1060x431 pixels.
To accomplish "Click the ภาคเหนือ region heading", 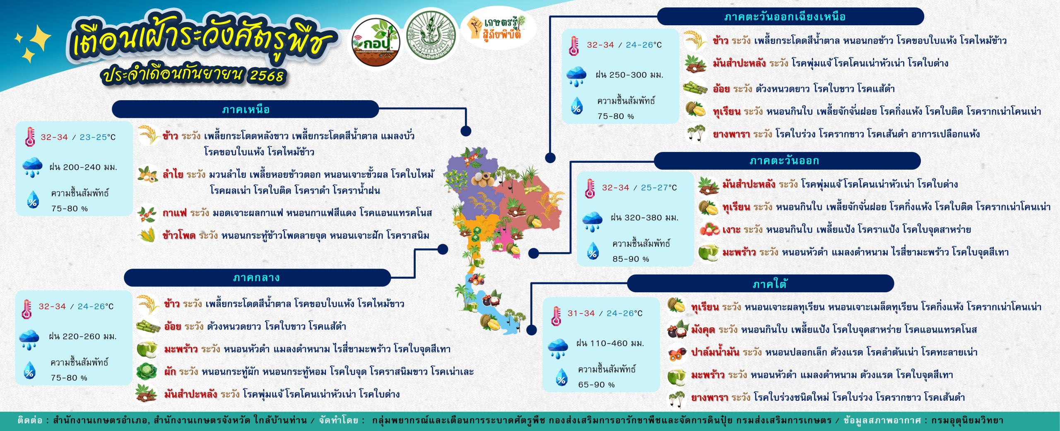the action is tap(246, 110).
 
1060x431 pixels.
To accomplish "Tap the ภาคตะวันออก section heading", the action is tap(784, 161).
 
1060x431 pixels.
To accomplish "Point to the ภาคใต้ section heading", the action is tap(770, 284).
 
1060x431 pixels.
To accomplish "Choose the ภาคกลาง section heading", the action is tap(256, 278).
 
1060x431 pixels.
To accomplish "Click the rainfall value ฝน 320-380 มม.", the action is tap(644, 218).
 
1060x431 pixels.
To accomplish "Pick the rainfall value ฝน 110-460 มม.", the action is tap(610, 343).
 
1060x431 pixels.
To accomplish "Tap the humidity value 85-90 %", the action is tap(631, 259).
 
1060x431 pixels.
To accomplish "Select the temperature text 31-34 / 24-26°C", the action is tap(605, 313).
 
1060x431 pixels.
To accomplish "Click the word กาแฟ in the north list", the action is tap(174, 213).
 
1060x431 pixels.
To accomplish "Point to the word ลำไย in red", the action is tap(173, 174).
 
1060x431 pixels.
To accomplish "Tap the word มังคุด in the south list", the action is tap(703, 330).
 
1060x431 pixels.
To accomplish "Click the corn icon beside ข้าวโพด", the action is tap(147, 235).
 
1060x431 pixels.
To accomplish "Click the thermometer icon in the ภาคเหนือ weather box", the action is tap(30, 137).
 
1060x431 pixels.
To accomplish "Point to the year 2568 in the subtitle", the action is tap(267, 75).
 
